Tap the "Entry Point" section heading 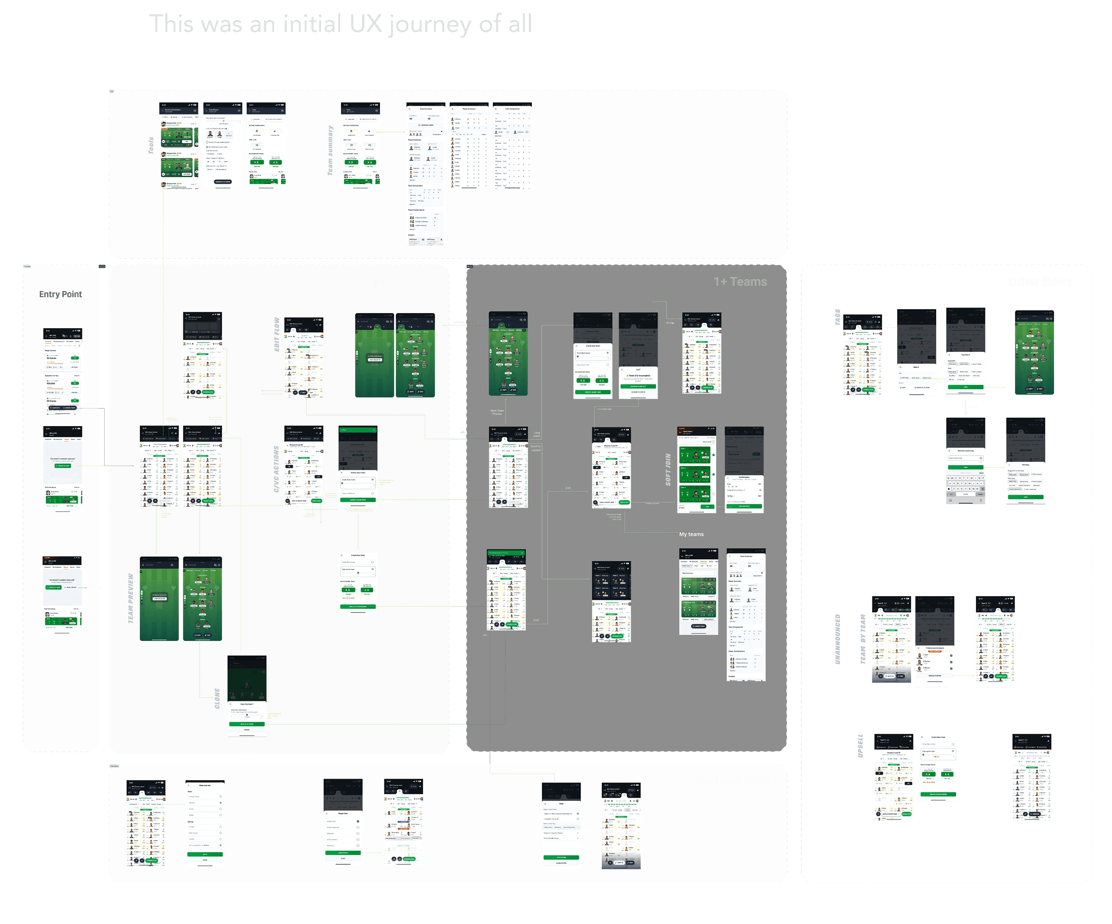tap(60, 294)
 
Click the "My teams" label tap(691, 534)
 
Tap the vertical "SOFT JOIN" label tap(668, 469)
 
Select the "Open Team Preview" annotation tap(497, 412)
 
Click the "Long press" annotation tap(536, 434)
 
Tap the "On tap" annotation tap(670, 322)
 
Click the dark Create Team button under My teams tap(698, 626)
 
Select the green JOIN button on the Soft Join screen tap(707, 507)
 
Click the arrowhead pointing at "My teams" tap(676, 533)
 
